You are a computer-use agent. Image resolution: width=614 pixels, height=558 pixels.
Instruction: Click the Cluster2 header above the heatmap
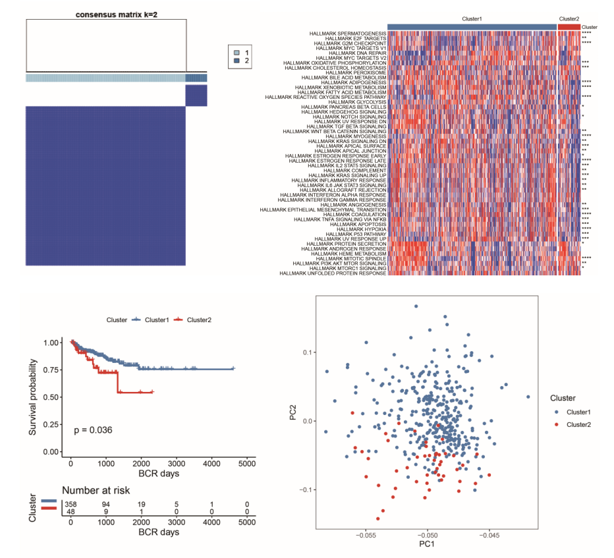(569, 19)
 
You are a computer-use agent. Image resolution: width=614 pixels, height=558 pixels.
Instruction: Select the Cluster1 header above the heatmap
(472, 19)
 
